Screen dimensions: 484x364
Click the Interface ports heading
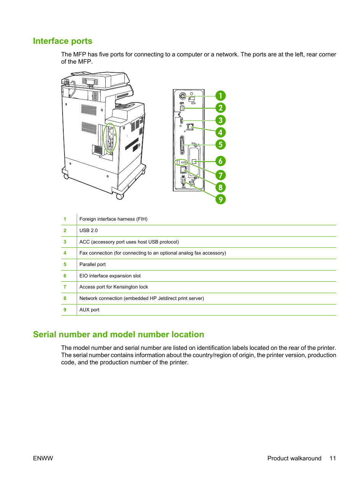[x=63, y=41]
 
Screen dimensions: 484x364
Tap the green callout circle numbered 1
[x=221, y=96]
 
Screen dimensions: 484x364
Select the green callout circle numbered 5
[x=221, y=144]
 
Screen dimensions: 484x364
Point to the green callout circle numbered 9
[x=221, y=199]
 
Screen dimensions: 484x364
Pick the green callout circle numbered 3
[x=221, y=120]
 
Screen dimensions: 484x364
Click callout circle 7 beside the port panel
[x=221, y=175]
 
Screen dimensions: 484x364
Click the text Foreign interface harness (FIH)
[x=113, y=219]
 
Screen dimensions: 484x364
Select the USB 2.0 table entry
[x=89, y=231]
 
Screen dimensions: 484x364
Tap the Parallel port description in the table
[x=92, y=264]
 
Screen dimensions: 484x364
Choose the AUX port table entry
[x=89, y=310]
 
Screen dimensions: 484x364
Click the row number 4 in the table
[x=65, y=253]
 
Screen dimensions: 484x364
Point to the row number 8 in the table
[x=65, y=298]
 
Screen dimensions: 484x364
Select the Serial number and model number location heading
[x=118, y=335]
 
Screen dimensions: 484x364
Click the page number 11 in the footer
[x=333, y=458]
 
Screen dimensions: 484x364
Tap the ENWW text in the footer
[x=43, y=458]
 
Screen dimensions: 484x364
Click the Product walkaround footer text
[x=294, y=458]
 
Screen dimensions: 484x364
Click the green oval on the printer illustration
[x=110, y=138]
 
